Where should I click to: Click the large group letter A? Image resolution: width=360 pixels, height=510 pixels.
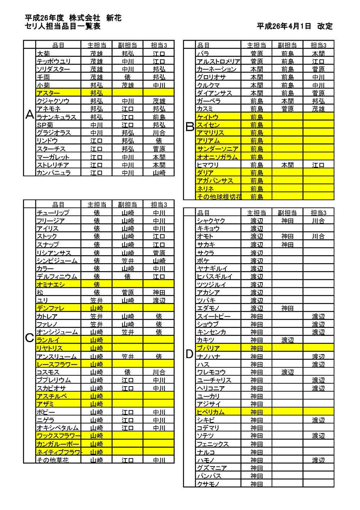click(x=30, y=114)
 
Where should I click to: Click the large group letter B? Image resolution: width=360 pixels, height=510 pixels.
click(x=190, y=126)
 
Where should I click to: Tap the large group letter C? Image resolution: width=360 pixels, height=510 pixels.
click(x=30, y=338)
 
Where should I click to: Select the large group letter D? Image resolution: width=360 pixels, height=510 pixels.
click(x=189, y=354)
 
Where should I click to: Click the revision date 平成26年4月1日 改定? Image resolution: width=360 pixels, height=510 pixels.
click(x=294, y=26)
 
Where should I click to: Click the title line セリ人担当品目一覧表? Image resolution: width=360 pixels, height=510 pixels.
click(x=62, y=26)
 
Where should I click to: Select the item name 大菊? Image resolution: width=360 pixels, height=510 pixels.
click(x=44, y=54)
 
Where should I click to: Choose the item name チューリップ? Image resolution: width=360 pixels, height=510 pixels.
click(x=53, y=213)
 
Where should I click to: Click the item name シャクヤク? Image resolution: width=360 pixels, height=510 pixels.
click(x=211, y=221)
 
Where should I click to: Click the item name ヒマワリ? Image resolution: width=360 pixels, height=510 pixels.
click(x=208, y=165)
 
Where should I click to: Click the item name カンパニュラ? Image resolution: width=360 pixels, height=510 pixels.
click(x=54, y=173)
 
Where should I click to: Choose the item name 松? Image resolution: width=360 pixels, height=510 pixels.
click(x=40, y=292)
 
